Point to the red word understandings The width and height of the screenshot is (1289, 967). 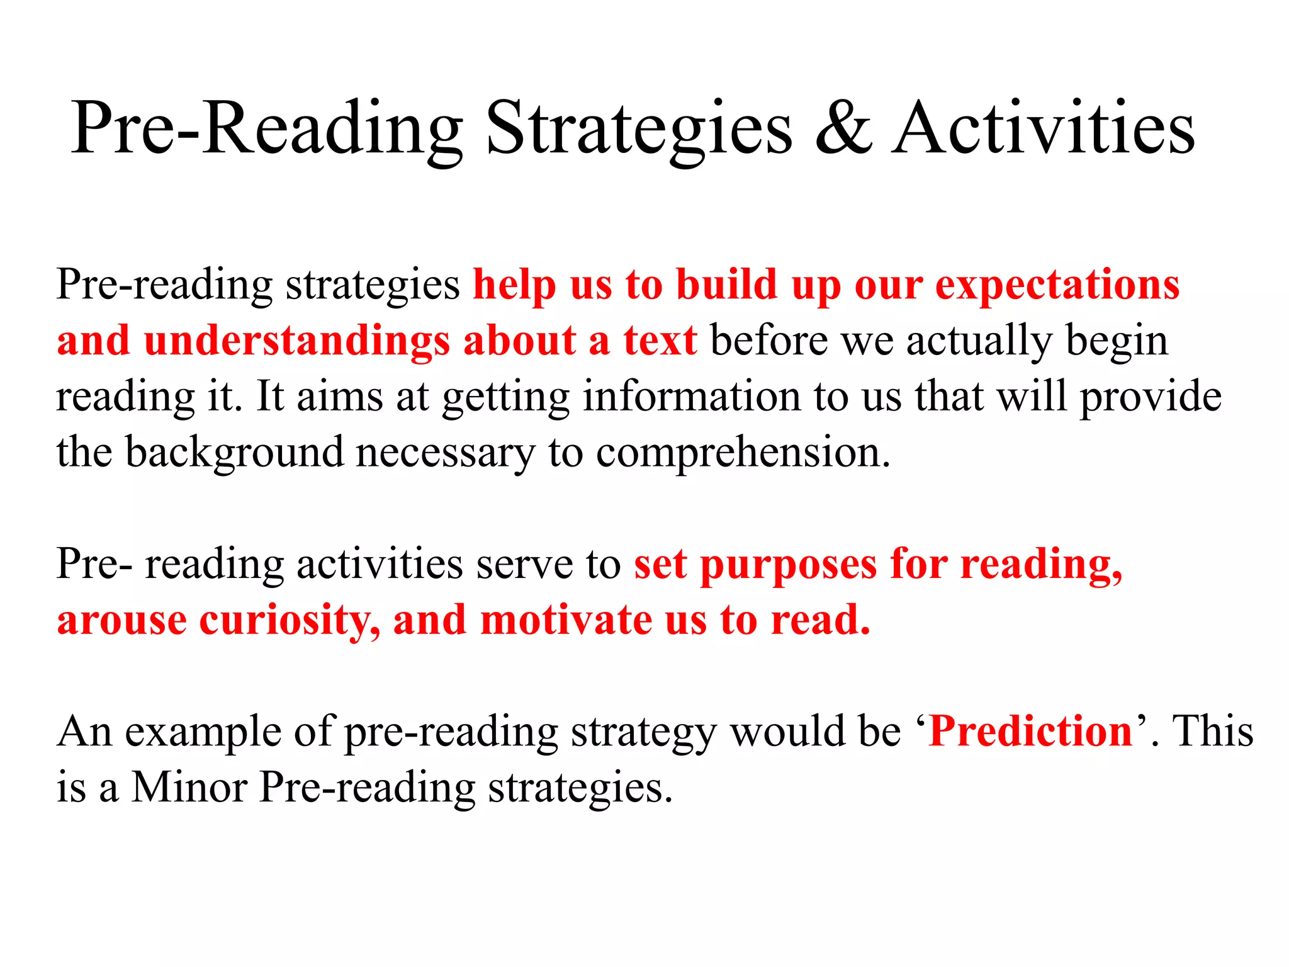click(x=296, y=341)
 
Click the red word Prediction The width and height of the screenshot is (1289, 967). click(x=1030, y=732)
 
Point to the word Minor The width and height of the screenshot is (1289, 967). click(x=189, y=788)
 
